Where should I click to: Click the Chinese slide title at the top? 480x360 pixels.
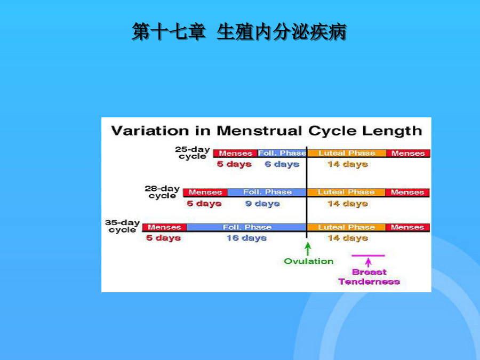(239, 31)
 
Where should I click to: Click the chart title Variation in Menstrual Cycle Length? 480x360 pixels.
(267, 131)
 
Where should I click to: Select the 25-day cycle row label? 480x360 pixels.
(193, 153)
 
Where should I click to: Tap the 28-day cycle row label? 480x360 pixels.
(162, 192)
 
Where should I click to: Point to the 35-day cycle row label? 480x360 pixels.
(123, 226)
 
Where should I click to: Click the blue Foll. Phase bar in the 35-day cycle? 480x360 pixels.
(247, 227)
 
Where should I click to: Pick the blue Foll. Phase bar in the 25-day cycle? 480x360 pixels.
(282, 153)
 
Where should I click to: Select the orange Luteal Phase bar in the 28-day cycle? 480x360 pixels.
(346, 192)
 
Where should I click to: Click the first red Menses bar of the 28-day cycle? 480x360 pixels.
(205, 192)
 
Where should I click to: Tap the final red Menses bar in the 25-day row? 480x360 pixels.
(408, 153)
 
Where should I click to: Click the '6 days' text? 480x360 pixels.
(282, 164)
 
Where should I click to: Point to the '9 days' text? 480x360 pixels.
(262, 204)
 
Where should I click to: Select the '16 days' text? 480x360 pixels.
(246, 238)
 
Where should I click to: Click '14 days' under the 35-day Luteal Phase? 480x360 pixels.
(347, 238)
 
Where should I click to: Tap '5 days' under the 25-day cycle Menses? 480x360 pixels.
(234, 164)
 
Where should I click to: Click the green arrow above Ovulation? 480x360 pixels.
(308, 249)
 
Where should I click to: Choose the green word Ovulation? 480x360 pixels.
(309, 261)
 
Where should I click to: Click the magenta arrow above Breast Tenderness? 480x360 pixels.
(368, 262)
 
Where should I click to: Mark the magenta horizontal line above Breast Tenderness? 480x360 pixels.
(368, 255)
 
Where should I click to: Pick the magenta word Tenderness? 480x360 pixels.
(369, 282)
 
